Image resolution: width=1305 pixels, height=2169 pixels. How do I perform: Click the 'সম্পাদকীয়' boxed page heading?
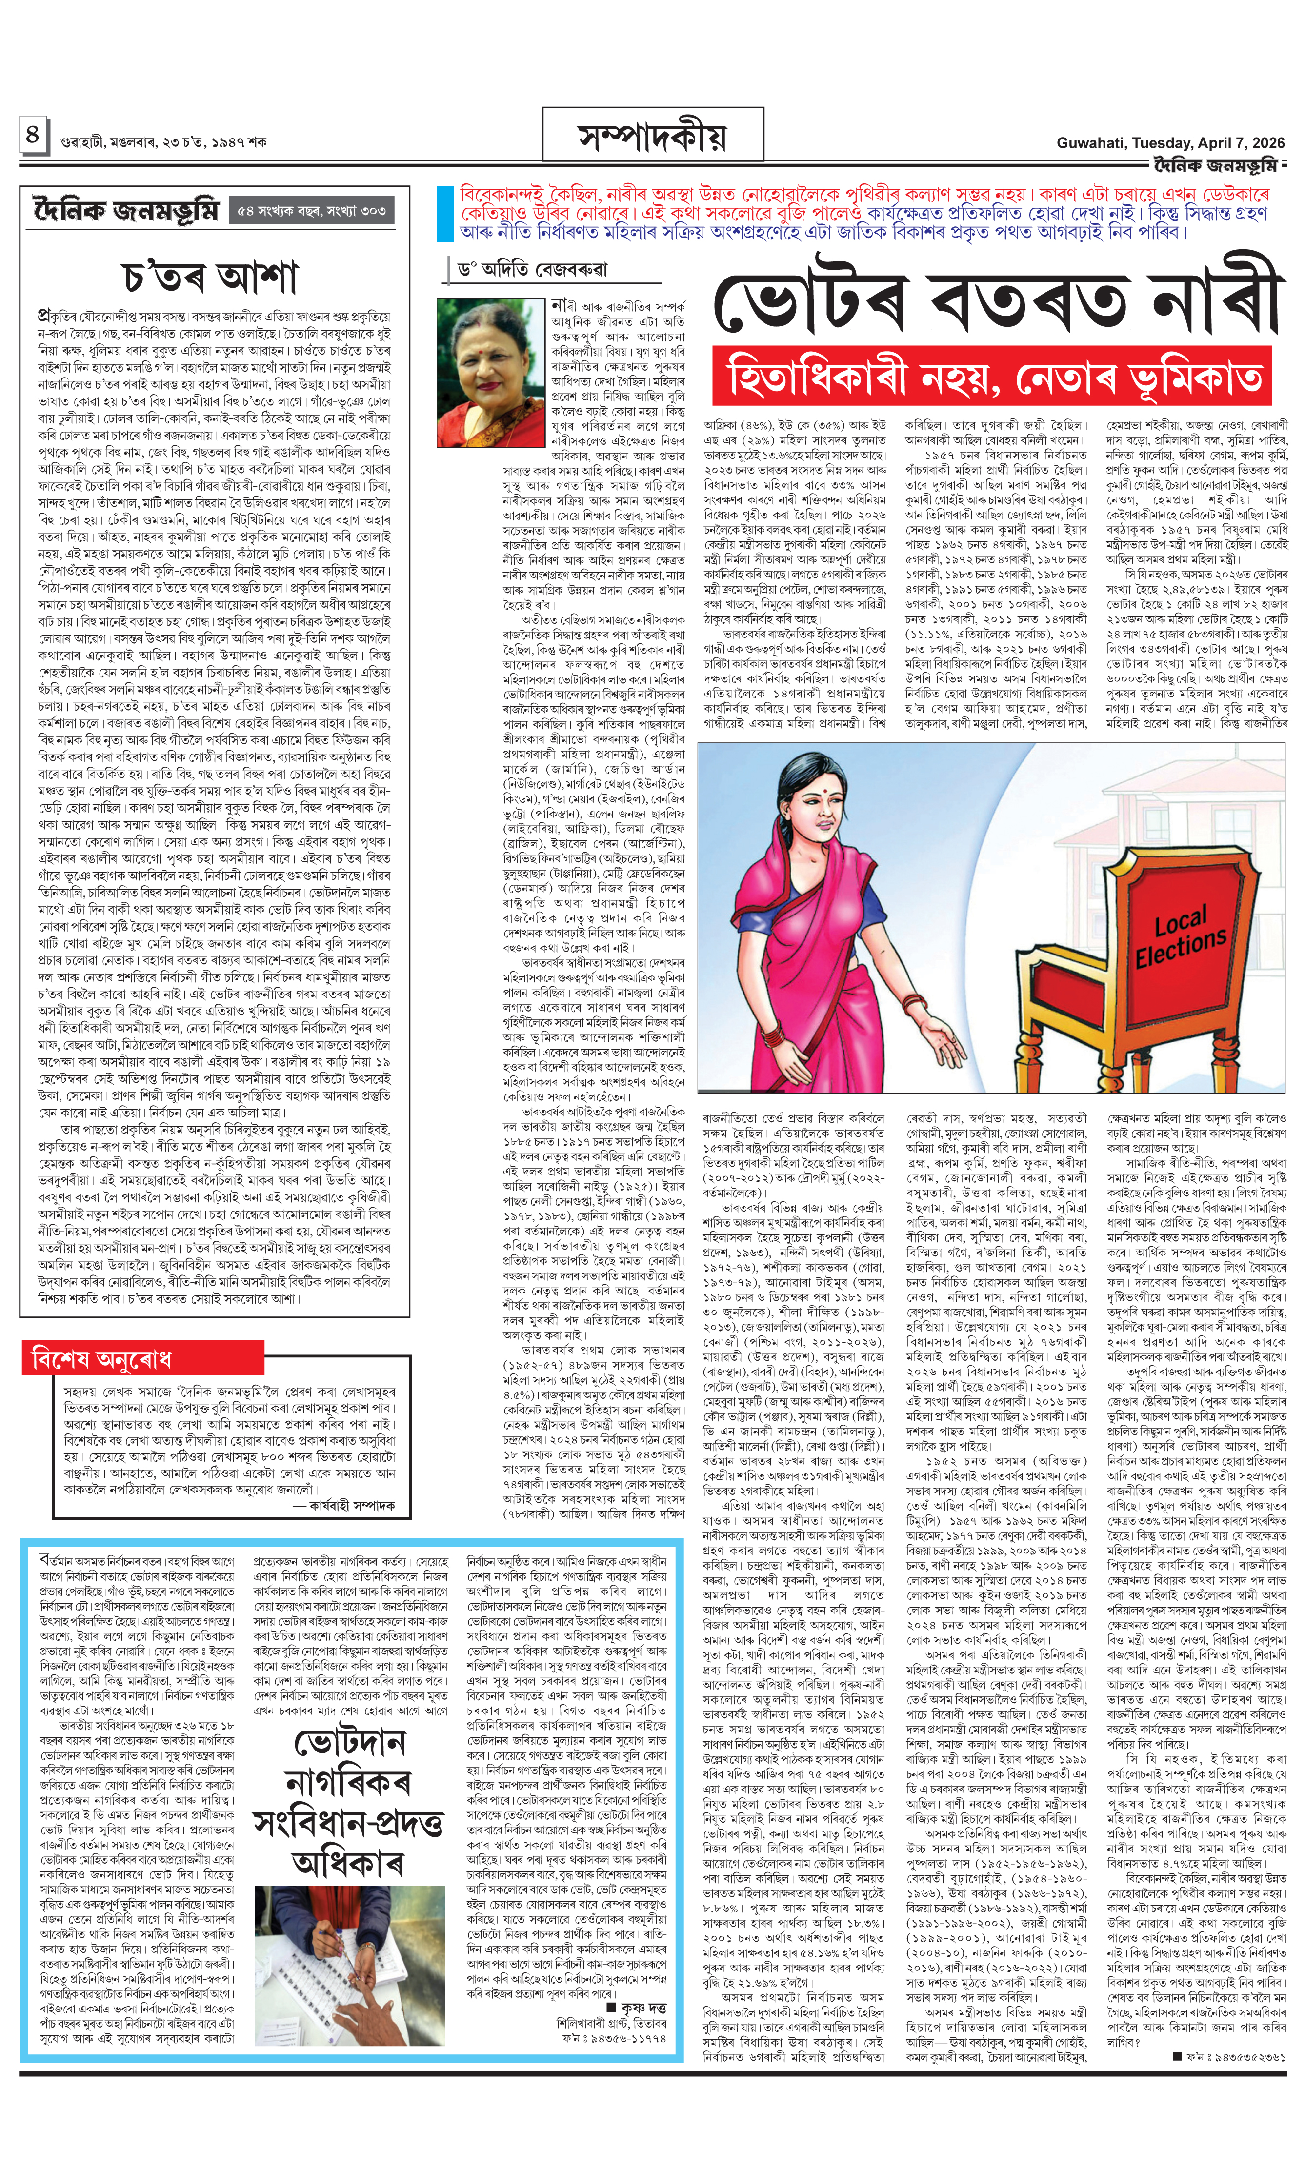coord(652,136)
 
